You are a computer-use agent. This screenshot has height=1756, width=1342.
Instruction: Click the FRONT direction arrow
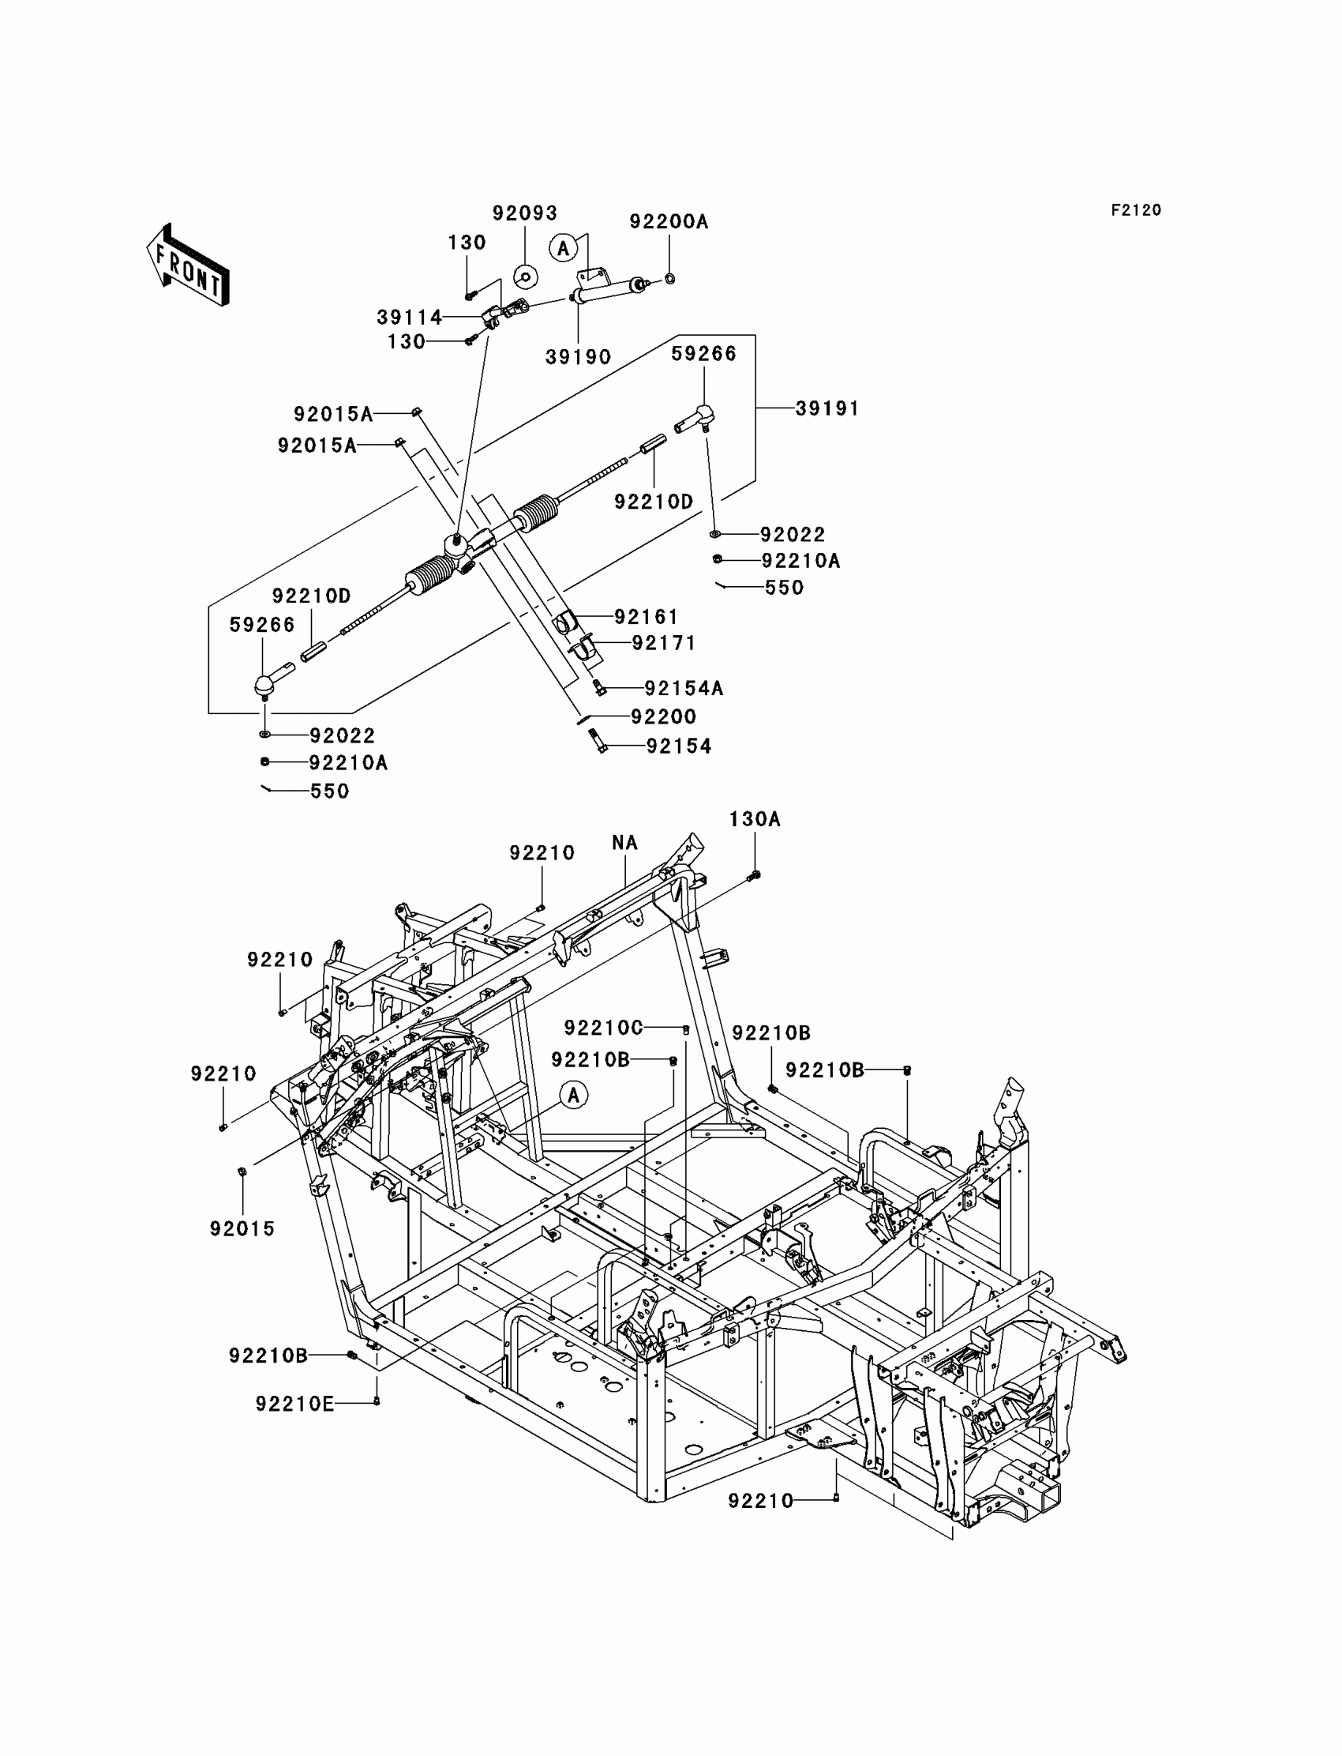click(x=188, y=266)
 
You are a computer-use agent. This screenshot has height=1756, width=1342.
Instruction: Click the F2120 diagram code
click(x=1136, y=210)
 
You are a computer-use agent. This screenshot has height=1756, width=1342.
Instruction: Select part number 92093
click(x=525, y=213)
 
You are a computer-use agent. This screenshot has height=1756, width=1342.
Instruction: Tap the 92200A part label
click(x=669, y=221)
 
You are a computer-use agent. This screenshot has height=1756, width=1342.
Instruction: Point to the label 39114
click(x=410, y=318)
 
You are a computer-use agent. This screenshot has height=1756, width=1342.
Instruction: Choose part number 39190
click(x=579, y=357)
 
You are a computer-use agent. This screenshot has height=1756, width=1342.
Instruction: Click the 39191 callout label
click(x=827, y=408)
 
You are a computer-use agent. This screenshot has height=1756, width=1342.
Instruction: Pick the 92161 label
click(x=647, y=617)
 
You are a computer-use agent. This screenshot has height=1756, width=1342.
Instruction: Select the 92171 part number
click(x=664, y=644)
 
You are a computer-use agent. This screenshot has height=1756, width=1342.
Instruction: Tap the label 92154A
click(x=684, y=688)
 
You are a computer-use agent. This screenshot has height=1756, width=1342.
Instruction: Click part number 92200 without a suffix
click(x=664, y=717)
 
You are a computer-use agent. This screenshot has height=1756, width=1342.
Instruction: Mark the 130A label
click(x=754, y=819)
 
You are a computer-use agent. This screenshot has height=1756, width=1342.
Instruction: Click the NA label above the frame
click(x=624, y=843)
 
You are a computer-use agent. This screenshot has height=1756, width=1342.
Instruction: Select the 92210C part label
click(x=603, y=1028)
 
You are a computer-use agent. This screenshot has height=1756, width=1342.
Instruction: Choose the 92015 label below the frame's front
click(x=242, y=1228)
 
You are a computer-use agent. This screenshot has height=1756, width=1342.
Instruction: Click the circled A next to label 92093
click(x=563, y=249)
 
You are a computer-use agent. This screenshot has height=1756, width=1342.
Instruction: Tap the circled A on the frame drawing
click(x=574, y=1095)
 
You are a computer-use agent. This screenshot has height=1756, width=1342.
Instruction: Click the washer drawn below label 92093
click(x=525, y=277)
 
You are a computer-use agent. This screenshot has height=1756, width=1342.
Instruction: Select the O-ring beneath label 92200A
click(x=669, y=278)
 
